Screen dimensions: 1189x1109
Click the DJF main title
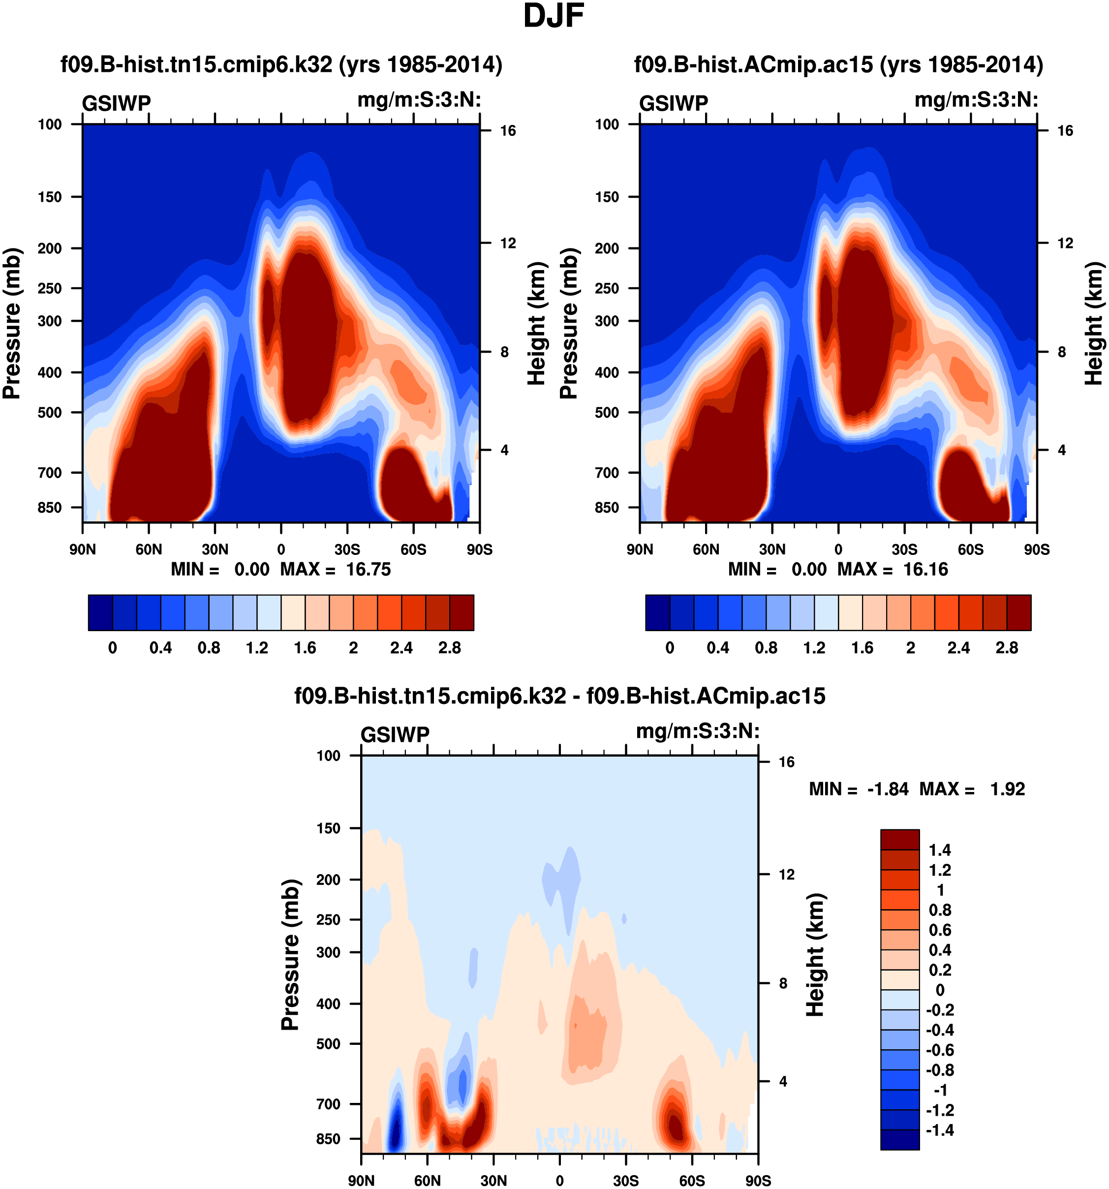click(554, 16)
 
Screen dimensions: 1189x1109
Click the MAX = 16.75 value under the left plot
click(335, 569)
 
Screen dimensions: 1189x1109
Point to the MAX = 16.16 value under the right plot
click(893, 569)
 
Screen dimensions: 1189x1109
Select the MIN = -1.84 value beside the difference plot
click(859, 789)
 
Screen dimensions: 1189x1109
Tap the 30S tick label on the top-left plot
click(347, 549)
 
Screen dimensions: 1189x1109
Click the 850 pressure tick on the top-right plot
click(607, 507)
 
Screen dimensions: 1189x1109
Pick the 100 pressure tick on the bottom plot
click(328, 756)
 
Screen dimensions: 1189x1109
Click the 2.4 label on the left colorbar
click(401, 648)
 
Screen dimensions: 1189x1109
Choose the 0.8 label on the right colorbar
click(766, 648)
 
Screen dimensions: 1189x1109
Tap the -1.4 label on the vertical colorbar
click(939, 1130)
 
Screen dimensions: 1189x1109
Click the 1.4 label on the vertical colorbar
click(939, 850)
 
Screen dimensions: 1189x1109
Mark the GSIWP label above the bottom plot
click(395, 734)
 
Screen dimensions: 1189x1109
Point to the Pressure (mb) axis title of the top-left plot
click(12, 323)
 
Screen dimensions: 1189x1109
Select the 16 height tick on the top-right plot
click(1065, 130)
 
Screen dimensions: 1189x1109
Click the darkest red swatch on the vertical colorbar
click(899, 839)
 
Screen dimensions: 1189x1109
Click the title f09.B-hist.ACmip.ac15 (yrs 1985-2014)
click(838, 64)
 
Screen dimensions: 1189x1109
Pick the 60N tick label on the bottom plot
click(427, 1181)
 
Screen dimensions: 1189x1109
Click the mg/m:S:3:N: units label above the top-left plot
click(419, 100)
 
